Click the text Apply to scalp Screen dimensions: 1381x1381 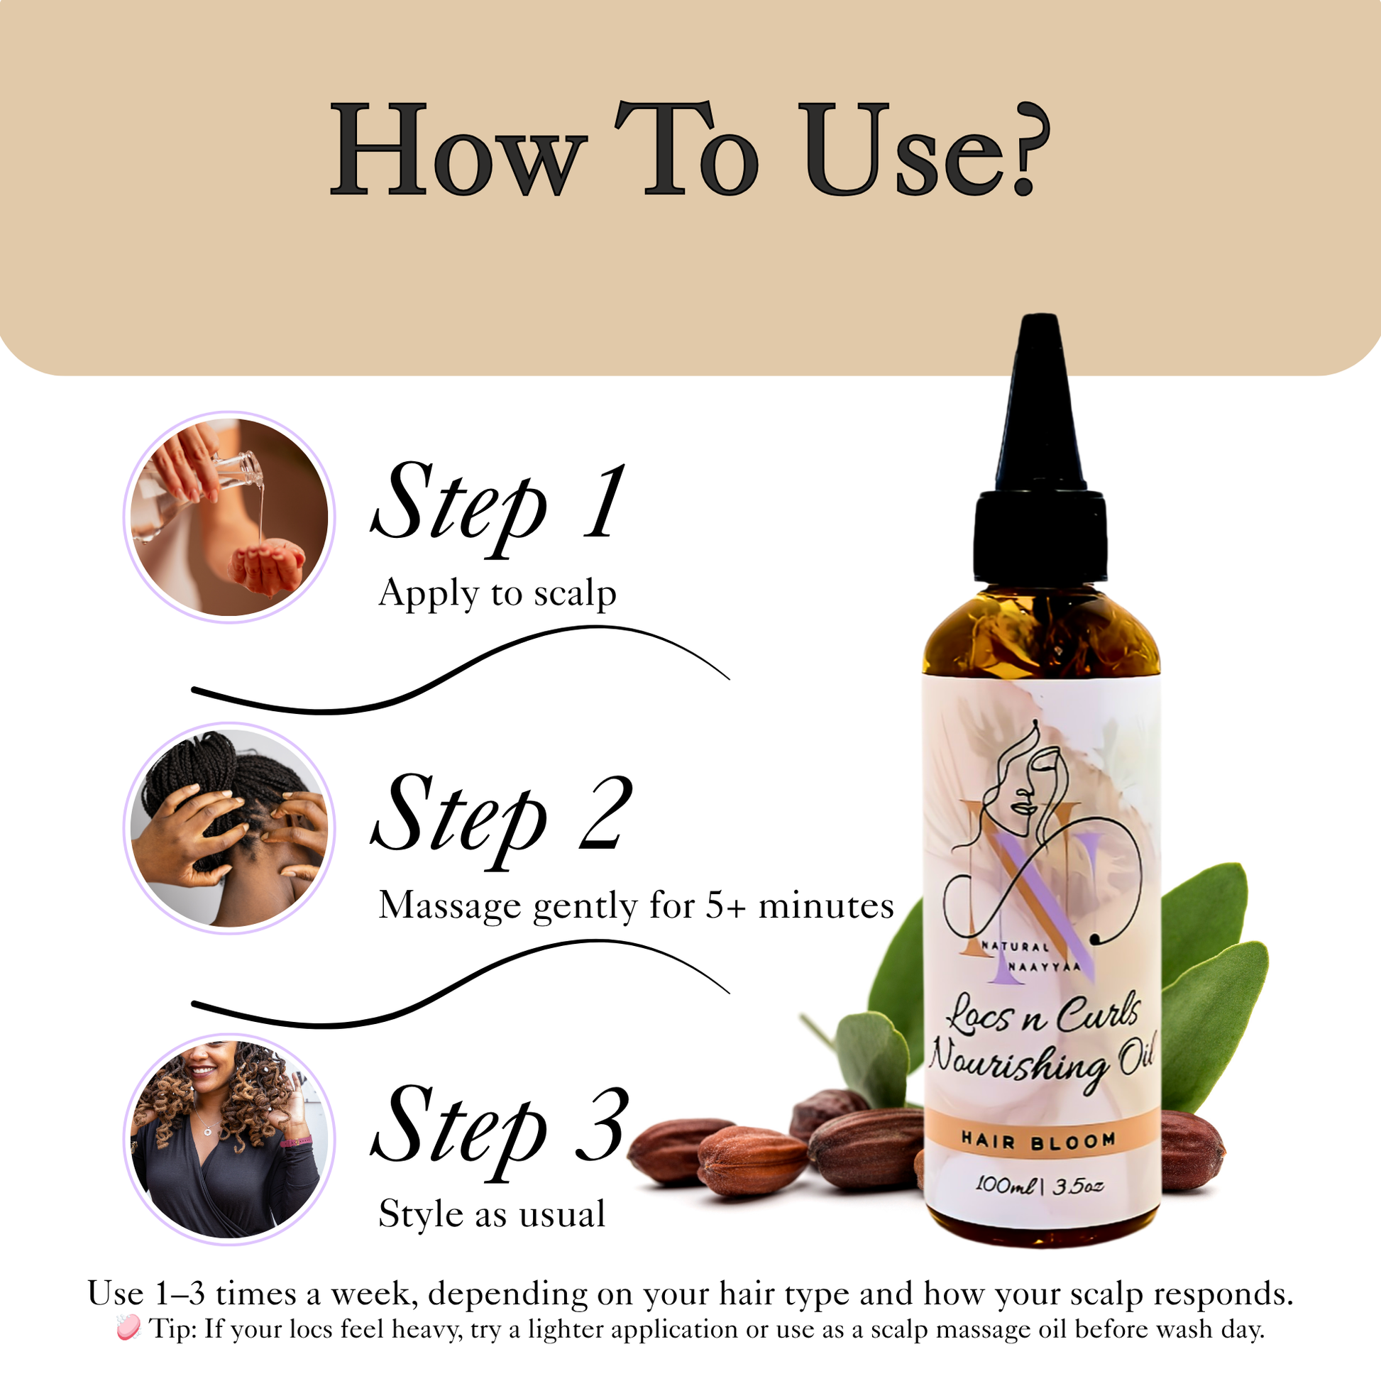[x=497, y=593]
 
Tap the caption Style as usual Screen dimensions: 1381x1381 [x=492, y=1213]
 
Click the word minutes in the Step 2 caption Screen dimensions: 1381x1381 [x=826, y=906]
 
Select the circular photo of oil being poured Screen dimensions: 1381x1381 [x=229, y=516]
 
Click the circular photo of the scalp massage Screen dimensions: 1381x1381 [x=229, y=827]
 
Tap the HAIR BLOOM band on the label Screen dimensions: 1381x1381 [x=1039, y=1141]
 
